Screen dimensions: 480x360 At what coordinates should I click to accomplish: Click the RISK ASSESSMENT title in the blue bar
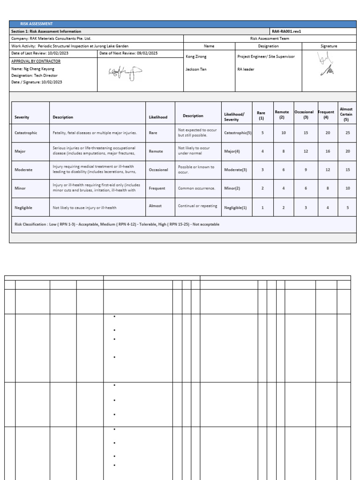pyautogui.click(x=37, y=24)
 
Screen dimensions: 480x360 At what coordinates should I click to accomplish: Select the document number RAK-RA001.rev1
pyautogui.click(x=286, y=31)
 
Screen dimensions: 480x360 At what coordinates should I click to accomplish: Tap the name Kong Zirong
pyautogui.click(x=196, y=56)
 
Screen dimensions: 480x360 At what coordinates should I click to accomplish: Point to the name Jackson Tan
pyautogui.click(x=195, y=69)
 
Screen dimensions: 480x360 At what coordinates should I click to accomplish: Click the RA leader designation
pyautogui.click(x=246, y=69)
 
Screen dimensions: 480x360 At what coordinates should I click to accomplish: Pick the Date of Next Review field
pyautogui.click(x=127, y=53)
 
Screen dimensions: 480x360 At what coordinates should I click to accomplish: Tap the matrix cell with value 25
pyautogui.click(x=347, y=133)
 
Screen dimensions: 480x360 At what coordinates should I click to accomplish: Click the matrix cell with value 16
pyautogui.click(x=328, y=152)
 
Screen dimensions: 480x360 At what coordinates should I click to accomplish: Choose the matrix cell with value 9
pyautogui.click(x=306, y=170)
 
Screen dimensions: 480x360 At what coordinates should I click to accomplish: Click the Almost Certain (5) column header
pyautogui.click(x=346, y=114)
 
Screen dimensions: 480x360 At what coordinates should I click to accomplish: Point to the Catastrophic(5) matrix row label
pyautogui.click(x=238, y=133)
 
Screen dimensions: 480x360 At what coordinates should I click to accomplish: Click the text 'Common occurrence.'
pyautogui.click(x=196, y=188)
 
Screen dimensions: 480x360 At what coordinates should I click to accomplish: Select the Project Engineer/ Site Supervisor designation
pyautogui.click(x=266, y=56)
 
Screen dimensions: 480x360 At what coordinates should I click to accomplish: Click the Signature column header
pyautogui.click(x=329, y=46)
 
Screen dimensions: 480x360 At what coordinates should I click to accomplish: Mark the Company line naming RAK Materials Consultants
pyautogui.click(x=51, y=39)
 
